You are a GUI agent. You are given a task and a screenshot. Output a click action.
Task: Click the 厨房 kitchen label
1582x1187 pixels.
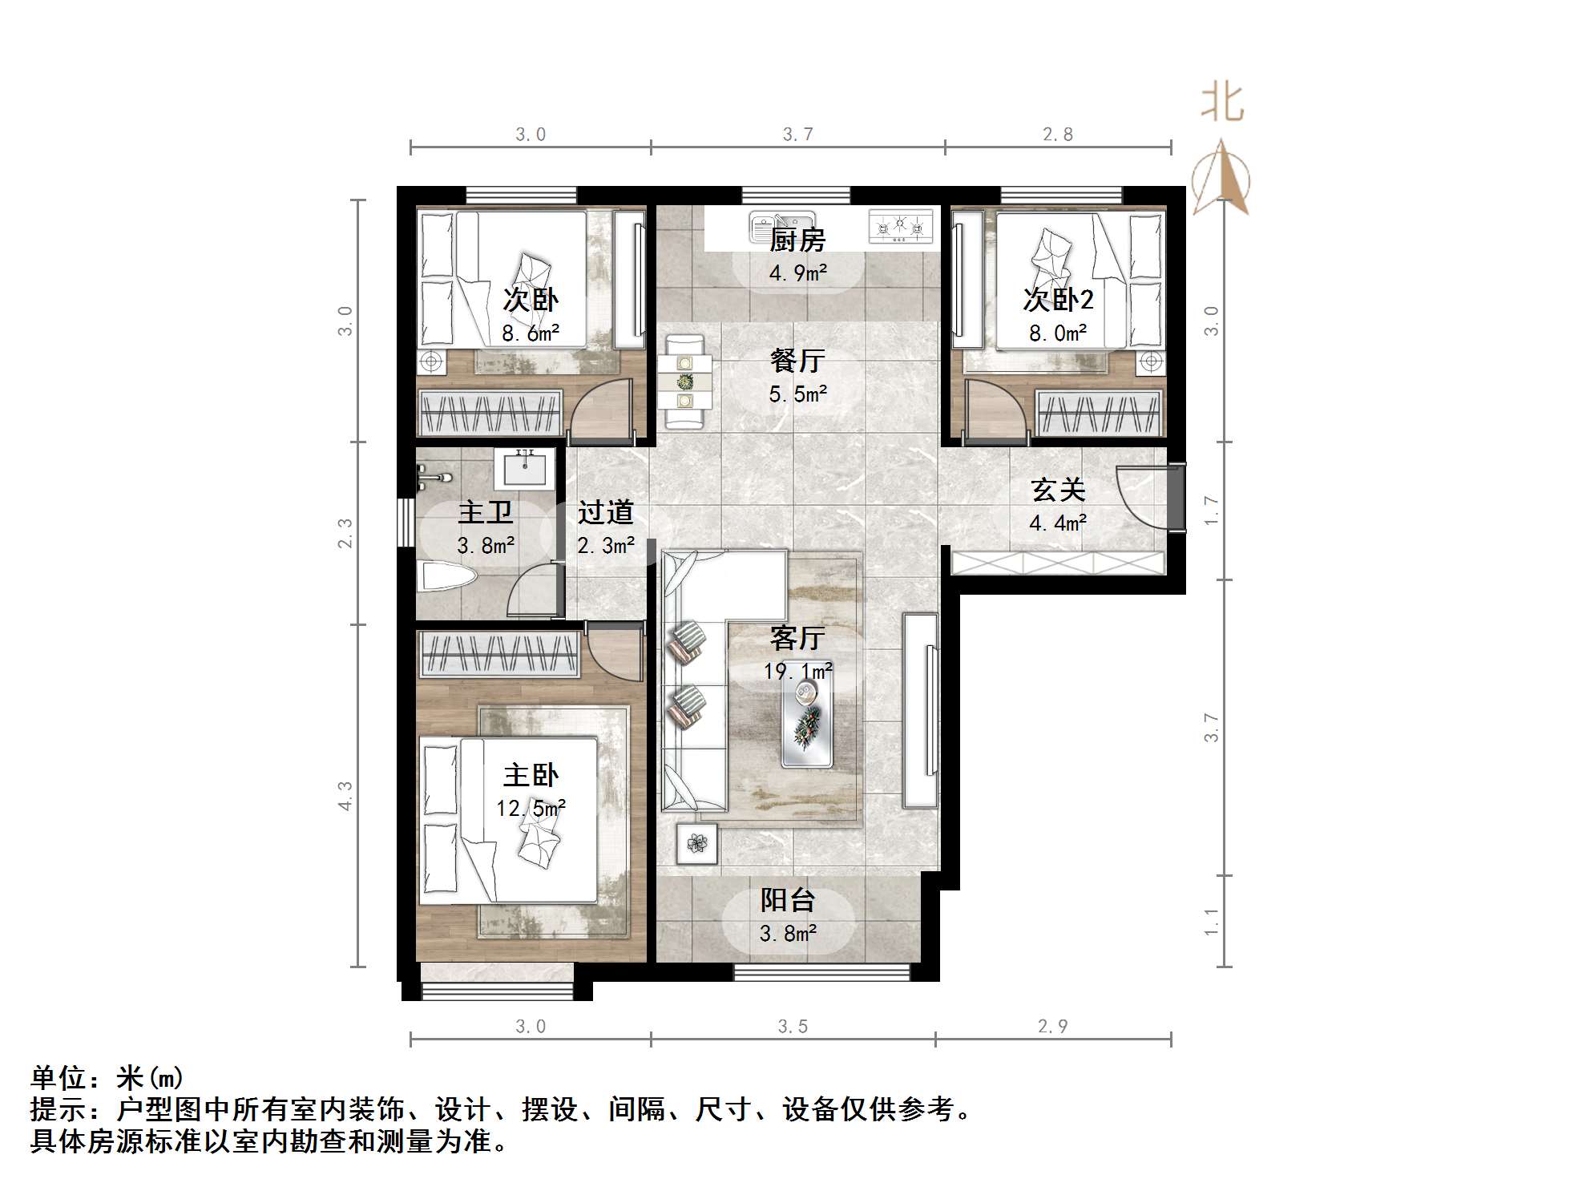(797, 240)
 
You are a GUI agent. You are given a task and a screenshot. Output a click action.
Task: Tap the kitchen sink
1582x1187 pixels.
(781, 227)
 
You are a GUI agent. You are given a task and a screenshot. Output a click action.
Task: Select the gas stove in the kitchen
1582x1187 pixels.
(902, 227)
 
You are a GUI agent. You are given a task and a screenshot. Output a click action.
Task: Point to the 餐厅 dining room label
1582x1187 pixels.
(797, 361)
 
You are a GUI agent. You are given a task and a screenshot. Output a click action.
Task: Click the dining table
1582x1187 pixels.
(685, 382)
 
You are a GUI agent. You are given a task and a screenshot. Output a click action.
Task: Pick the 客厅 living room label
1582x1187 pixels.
(797, 638)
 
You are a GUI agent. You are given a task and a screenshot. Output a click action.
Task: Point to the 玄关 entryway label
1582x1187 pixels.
(1058, 490)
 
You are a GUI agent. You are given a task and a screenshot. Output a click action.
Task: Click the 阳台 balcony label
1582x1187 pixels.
(788, 900)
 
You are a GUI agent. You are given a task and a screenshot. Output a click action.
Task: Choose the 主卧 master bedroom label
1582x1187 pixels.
(531, 775)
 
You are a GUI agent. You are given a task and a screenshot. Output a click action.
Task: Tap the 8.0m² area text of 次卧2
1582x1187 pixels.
(1058, 333)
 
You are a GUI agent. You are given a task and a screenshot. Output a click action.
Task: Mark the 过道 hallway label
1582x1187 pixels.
(606, 512)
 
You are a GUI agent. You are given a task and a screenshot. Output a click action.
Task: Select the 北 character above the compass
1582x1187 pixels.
(1222, 104)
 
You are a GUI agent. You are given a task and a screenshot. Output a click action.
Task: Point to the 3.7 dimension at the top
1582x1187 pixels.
(798, 135)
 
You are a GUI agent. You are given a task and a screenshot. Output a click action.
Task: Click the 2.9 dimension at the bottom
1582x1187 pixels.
(1052, 1027)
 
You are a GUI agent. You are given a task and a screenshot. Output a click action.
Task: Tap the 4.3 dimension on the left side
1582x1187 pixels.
(345, 796)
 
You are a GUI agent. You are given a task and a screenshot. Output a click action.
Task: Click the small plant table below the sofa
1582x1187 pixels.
(696, 843)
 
